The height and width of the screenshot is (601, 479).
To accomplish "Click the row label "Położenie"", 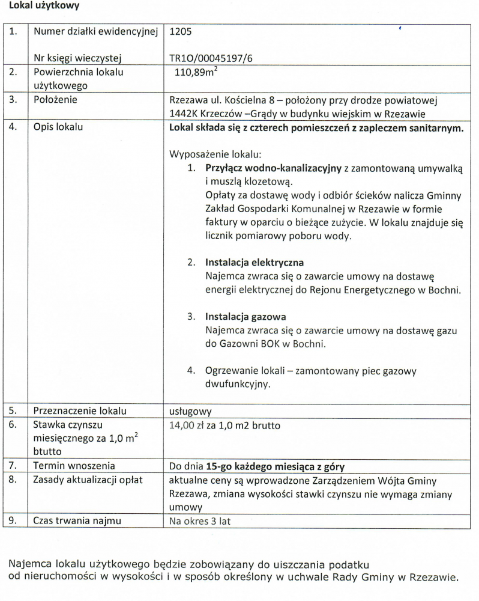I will pos(55,100).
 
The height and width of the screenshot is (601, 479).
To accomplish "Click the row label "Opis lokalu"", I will pos(58,127).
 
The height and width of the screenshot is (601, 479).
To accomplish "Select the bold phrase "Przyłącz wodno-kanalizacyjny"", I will pos(273,168).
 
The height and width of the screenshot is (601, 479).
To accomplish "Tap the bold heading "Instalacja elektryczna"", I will pos(255,263).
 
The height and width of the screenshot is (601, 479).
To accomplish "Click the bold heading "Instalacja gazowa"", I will pos(246,317).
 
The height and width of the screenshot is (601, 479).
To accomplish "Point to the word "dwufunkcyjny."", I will pos(237,385).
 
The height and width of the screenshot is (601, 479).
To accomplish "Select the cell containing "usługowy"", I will pos(191,412).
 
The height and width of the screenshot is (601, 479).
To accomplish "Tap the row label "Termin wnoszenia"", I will pos(74,466).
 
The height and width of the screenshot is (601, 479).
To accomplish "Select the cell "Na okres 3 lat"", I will pos(200,521).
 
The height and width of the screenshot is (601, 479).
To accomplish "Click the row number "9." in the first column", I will pos(13,521).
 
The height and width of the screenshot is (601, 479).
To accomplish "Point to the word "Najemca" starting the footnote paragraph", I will pos(30,565).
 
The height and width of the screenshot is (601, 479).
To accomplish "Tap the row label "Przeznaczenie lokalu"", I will pos(80,412).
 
